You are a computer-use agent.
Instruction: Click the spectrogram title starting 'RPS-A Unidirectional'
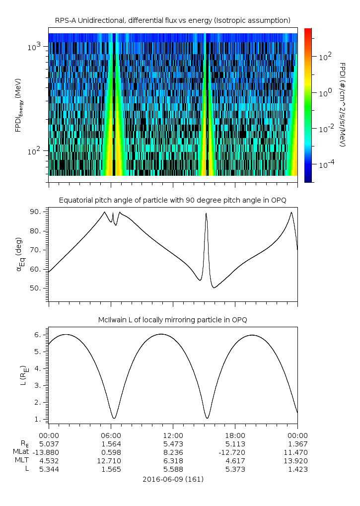[x=172, y=20]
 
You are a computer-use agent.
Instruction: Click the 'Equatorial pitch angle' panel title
[x=172, y=200]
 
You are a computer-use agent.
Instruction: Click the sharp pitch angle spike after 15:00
[x=206, y=214]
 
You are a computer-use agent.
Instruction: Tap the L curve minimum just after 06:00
[x=114, y=418]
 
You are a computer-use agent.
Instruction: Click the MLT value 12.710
[x=111, y=460]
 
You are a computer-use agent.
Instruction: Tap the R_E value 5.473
[x=173, y=443]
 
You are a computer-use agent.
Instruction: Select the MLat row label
[x=22, y=452]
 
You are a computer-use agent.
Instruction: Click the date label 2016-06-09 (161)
[x=172, y=479]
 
